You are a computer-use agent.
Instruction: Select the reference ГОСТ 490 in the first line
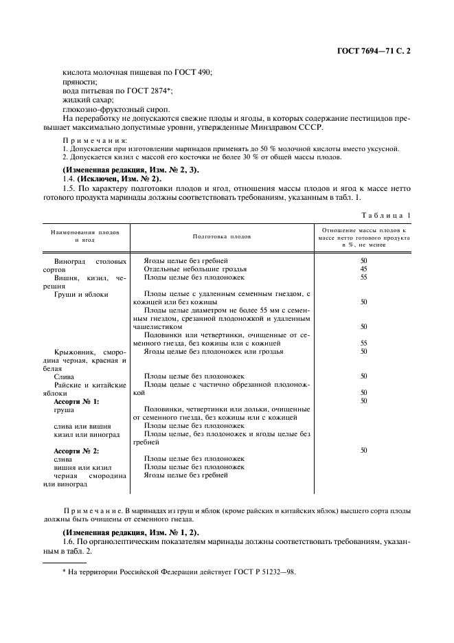[x=195, y=72]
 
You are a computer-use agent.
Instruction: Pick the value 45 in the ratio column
[x=363, y=269]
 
